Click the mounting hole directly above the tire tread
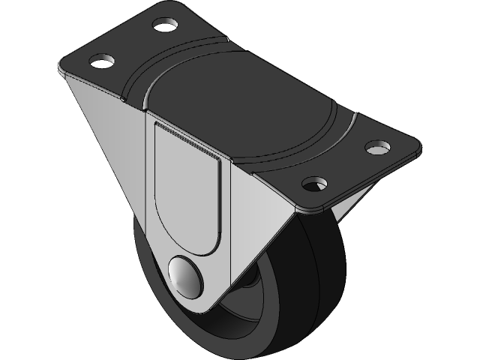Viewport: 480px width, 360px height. [x=316, y=184]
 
